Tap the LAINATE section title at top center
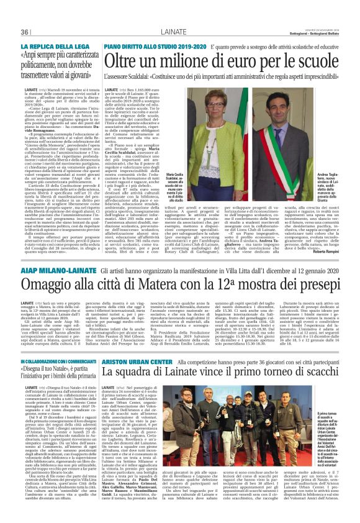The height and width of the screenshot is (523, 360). coord(180,32)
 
